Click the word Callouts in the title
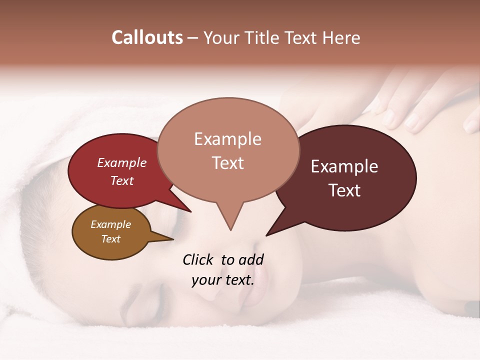[x=147, y=37]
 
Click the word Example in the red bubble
[x=121, y=162]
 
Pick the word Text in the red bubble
[x=121, y=180]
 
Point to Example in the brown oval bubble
[x=110, y=224]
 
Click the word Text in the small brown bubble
[x=110, y=238]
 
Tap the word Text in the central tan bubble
[x=227, y=162]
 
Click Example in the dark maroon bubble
[x=344, y=166]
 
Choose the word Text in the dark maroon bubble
[x=344, y=190]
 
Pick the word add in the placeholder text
[x=251, y=259]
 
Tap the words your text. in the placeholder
[x=222, y=280]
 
